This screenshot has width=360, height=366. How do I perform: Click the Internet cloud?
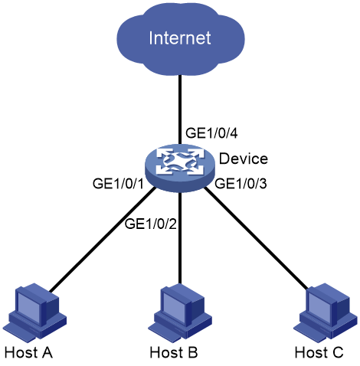(x=180, y=38)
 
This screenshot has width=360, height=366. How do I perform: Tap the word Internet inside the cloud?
(x=180, y=38)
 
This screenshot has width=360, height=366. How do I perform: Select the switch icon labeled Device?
(x=180, y=168)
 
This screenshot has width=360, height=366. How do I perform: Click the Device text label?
(x=244, y=158)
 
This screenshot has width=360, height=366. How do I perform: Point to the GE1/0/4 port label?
(x=211, y=133)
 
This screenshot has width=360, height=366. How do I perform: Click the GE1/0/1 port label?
(x=119, y=184)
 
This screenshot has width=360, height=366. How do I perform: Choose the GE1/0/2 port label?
(x=151, y=224)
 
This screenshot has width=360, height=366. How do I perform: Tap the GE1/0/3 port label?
(x=241, y=184)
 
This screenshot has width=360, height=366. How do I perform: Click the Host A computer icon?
(x=35, y=312)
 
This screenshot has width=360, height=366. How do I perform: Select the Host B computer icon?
(x=180, y=312)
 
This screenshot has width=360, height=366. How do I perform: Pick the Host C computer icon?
(x=326, y=312)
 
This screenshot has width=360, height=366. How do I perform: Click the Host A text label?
(x=28, y=352)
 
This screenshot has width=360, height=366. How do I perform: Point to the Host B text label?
(x=174, y=352)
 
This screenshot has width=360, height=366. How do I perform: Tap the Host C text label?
(x=319, y=352)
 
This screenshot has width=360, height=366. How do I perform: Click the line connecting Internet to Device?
(x=180, y=109)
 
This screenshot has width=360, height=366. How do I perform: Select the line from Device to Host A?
(x=103, y=240)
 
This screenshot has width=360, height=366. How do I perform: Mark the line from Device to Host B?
(x=180, y=238)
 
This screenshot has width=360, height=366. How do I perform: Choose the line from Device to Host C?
(x=257, y=239)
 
